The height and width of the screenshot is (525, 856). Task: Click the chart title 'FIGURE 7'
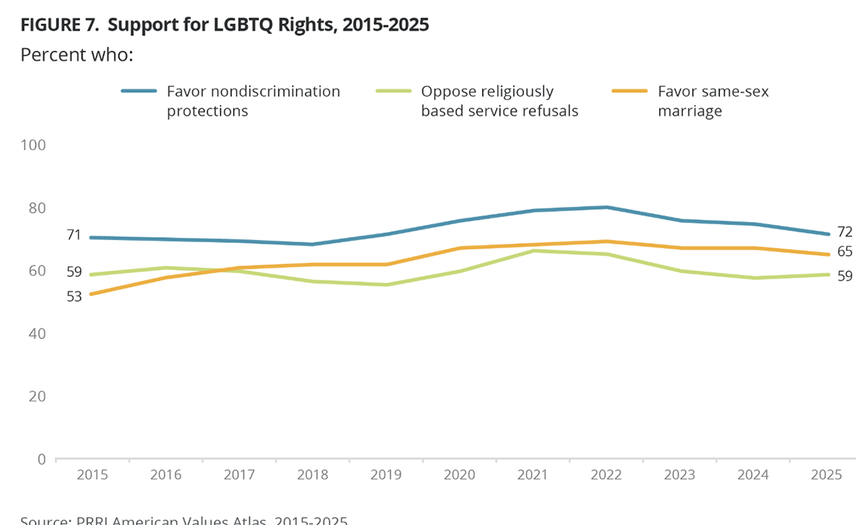point(225,24)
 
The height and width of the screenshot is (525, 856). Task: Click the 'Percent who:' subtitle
point(76,55)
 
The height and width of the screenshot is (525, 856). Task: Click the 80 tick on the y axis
point(36,208)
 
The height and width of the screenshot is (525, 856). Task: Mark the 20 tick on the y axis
point(36,396)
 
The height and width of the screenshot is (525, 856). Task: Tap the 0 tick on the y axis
point(40,459)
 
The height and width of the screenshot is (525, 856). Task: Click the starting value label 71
point(73,235)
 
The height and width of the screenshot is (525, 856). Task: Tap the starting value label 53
point(73,296)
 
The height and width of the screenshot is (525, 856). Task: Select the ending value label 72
point(845,232)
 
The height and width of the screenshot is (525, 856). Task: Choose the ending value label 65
point(845,252)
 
